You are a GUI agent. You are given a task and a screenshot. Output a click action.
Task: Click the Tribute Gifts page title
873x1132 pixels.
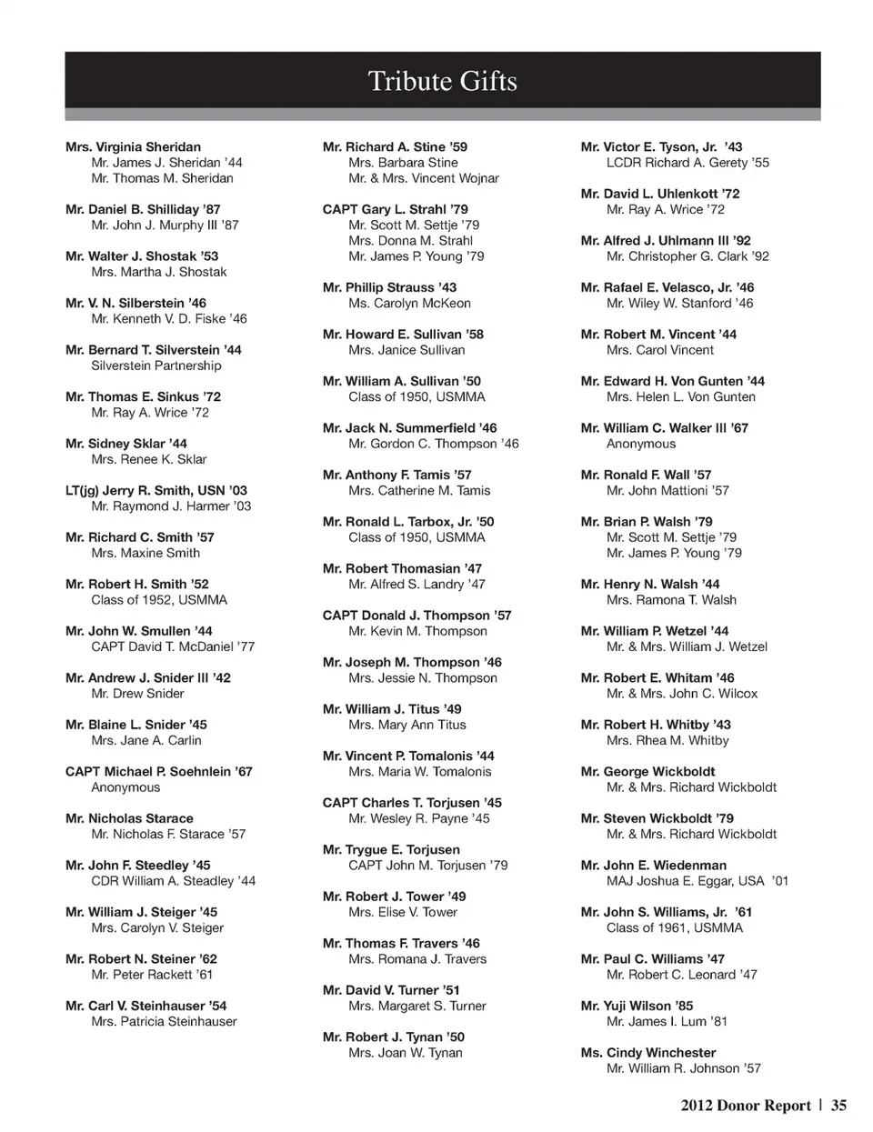pos(442,82)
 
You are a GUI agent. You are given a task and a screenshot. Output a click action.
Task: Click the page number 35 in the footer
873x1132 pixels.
pos(838,1106)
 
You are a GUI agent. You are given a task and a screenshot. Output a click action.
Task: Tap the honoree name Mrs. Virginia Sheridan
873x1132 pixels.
pos(133,147)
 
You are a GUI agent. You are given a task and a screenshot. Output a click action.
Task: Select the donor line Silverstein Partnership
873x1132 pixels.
pos(156,366)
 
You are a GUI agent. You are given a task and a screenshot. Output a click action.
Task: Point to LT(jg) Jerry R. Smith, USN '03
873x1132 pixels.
pos(156,490)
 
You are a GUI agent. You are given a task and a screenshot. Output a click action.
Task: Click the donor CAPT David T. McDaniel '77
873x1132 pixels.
pos(173,646)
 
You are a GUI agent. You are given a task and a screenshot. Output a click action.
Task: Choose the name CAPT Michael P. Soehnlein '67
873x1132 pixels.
pos(159,772)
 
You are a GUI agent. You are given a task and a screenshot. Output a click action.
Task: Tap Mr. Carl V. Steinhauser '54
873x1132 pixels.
pos(146,1006)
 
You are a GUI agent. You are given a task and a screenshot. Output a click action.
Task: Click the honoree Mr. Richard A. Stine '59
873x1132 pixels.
pos(395,147)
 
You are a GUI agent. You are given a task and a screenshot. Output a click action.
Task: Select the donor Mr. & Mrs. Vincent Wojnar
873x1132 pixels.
pos(424,178)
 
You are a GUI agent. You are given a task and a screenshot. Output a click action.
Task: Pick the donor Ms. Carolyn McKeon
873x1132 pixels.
pos(409,304)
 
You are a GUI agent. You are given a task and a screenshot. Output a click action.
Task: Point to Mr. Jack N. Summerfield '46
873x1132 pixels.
pos(409,428)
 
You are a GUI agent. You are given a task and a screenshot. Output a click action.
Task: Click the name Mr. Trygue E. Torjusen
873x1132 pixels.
pos(391,850)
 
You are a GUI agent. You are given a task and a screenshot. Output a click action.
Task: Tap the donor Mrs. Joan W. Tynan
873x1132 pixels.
pos(405,1053)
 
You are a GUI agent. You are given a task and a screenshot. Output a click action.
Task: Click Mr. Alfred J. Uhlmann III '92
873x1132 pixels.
pos(666,241)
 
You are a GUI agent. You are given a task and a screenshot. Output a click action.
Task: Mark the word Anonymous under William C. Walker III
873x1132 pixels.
pos(641,444)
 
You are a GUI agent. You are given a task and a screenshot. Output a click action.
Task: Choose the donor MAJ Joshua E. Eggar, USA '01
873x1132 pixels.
pos(697,881)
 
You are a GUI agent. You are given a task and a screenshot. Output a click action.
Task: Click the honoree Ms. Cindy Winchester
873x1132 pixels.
pos(648,1053)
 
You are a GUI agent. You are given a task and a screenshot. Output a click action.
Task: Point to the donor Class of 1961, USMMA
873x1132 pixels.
pos(675,928)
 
